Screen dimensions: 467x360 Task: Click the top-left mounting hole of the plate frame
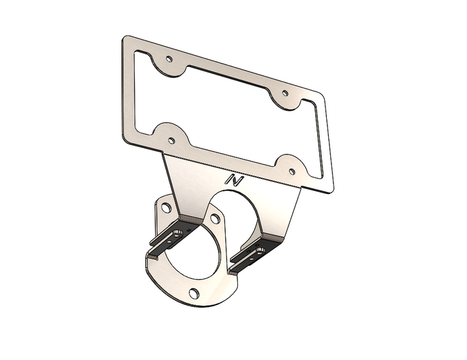coord(169,59)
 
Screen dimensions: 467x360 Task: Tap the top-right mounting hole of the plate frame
coord(285,93)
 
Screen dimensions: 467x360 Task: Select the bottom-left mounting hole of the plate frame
coord(171,140)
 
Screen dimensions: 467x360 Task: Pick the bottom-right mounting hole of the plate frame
coord(292,171)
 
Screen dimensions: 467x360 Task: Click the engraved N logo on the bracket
coord(234,180)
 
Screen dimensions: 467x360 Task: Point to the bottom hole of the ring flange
coord(194,293)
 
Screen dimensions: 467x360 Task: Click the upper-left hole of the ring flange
coord(166,208)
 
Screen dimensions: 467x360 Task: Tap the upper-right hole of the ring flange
coord(215,218)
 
